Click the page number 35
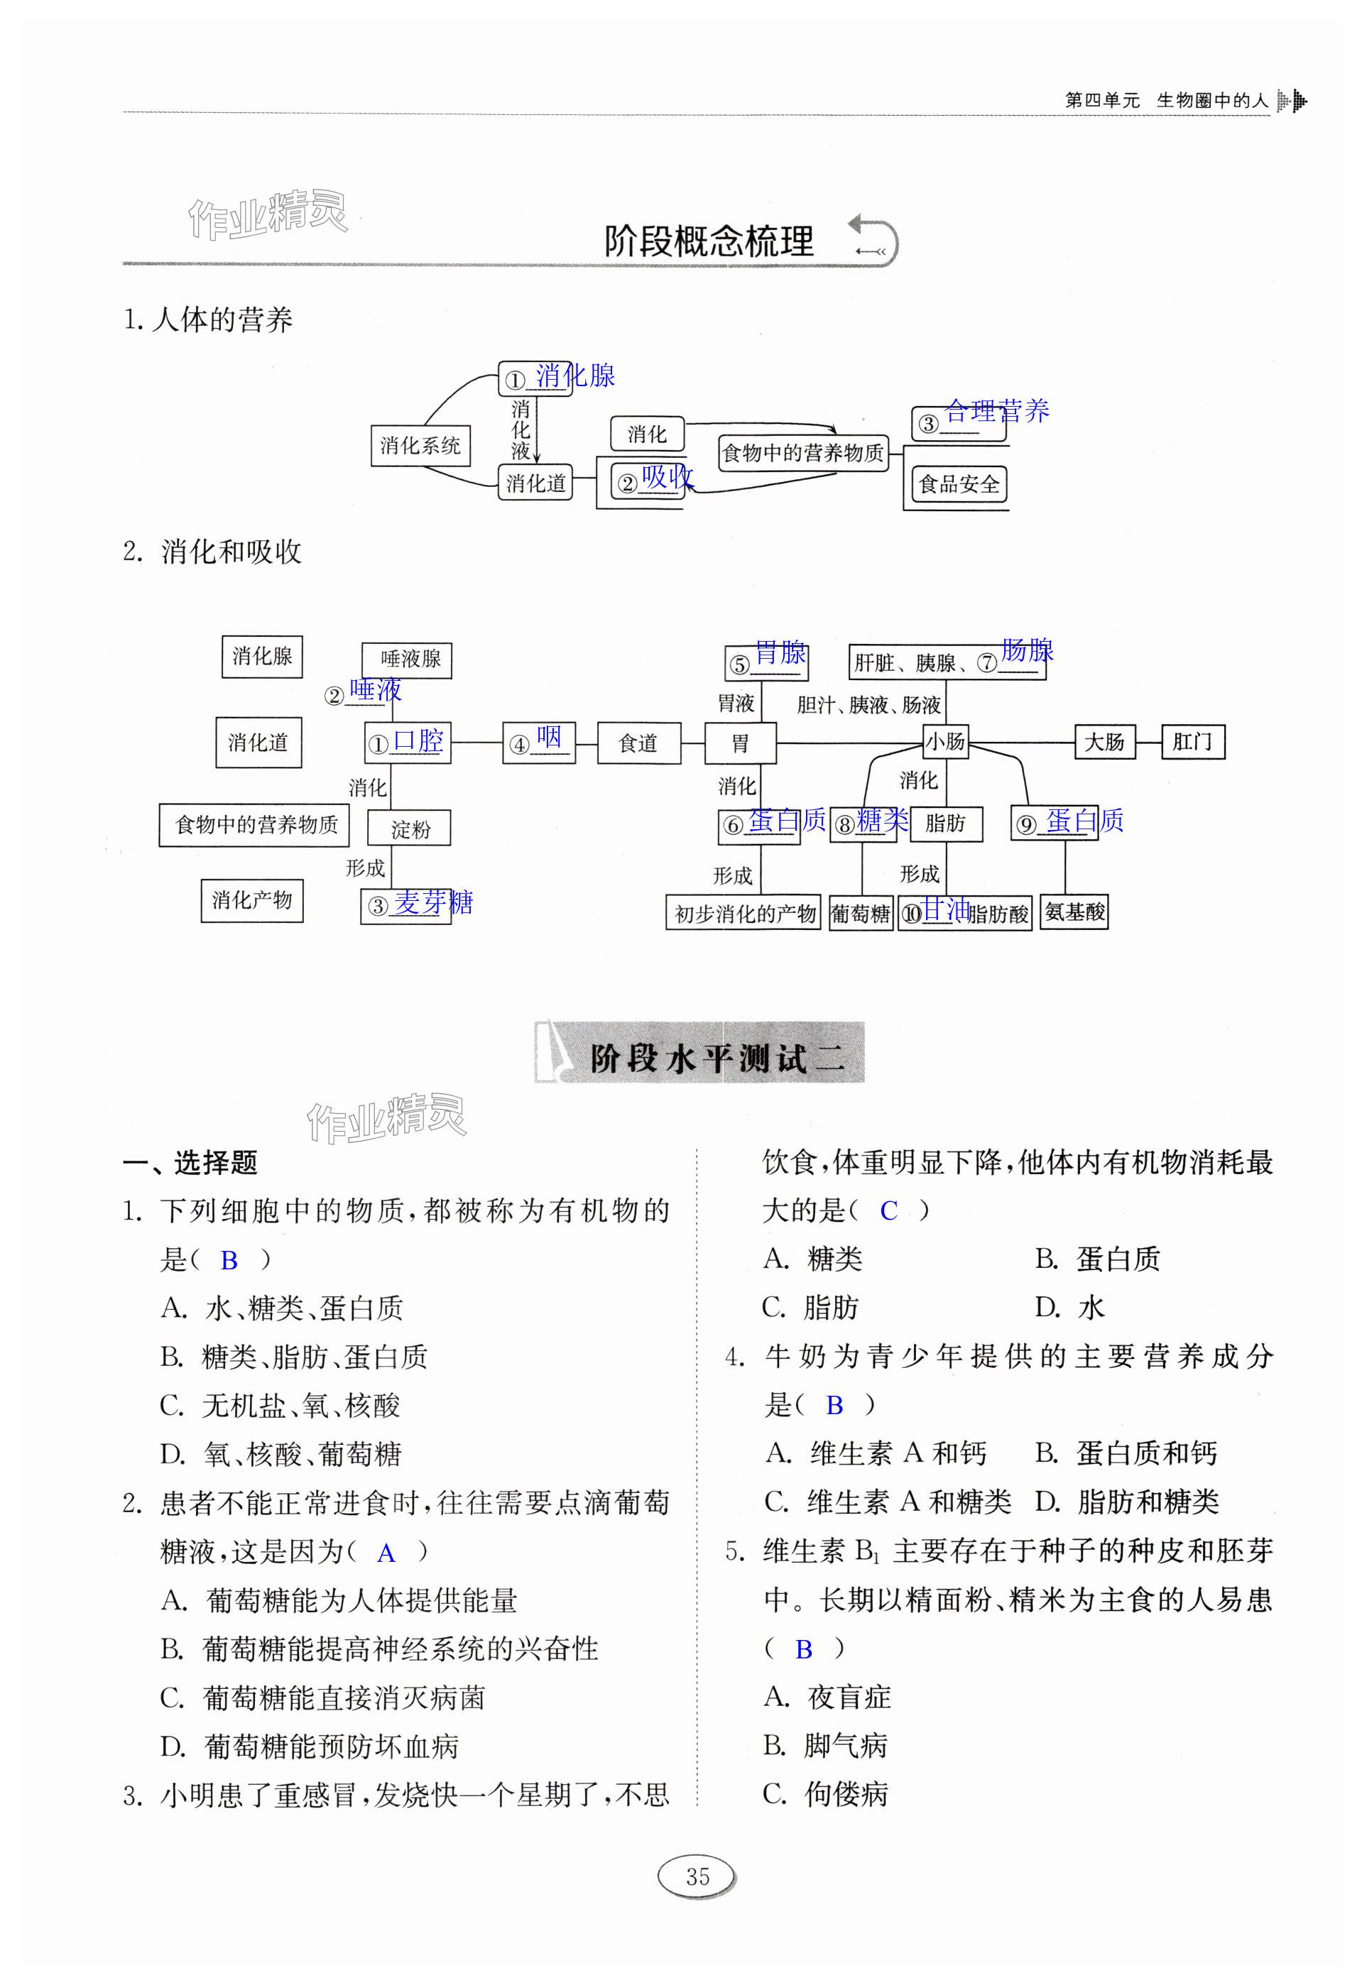697,1876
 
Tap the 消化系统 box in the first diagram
420,445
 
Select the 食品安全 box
958,484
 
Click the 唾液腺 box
408,660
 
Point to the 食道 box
638,743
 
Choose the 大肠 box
1104,741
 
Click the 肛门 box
1192,740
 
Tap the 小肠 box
945,740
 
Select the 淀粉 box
409,829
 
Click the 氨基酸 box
1074,912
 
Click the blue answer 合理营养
996,411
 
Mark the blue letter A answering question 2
386,1553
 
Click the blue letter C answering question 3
888,1211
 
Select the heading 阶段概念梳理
709,241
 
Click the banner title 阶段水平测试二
716,1059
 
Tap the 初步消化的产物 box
743,913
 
